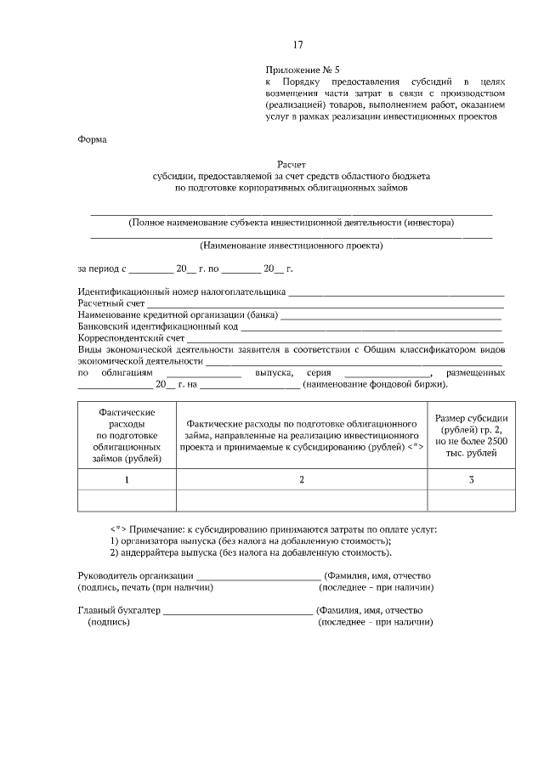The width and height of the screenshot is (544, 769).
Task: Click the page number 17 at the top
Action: [297, 45]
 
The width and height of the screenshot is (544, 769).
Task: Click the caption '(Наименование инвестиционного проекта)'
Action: [292, 246]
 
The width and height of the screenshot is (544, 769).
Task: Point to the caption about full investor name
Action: [292, 223]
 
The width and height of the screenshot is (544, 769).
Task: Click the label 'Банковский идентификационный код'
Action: [158, 325]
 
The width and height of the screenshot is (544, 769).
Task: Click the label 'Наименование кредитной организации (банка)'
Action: [178, 314]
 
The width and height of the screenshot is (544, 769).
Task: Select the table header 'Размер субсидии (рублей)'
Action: [472, 429]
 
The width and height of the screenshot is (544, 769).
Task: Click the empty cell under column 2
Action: [301, 500]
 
